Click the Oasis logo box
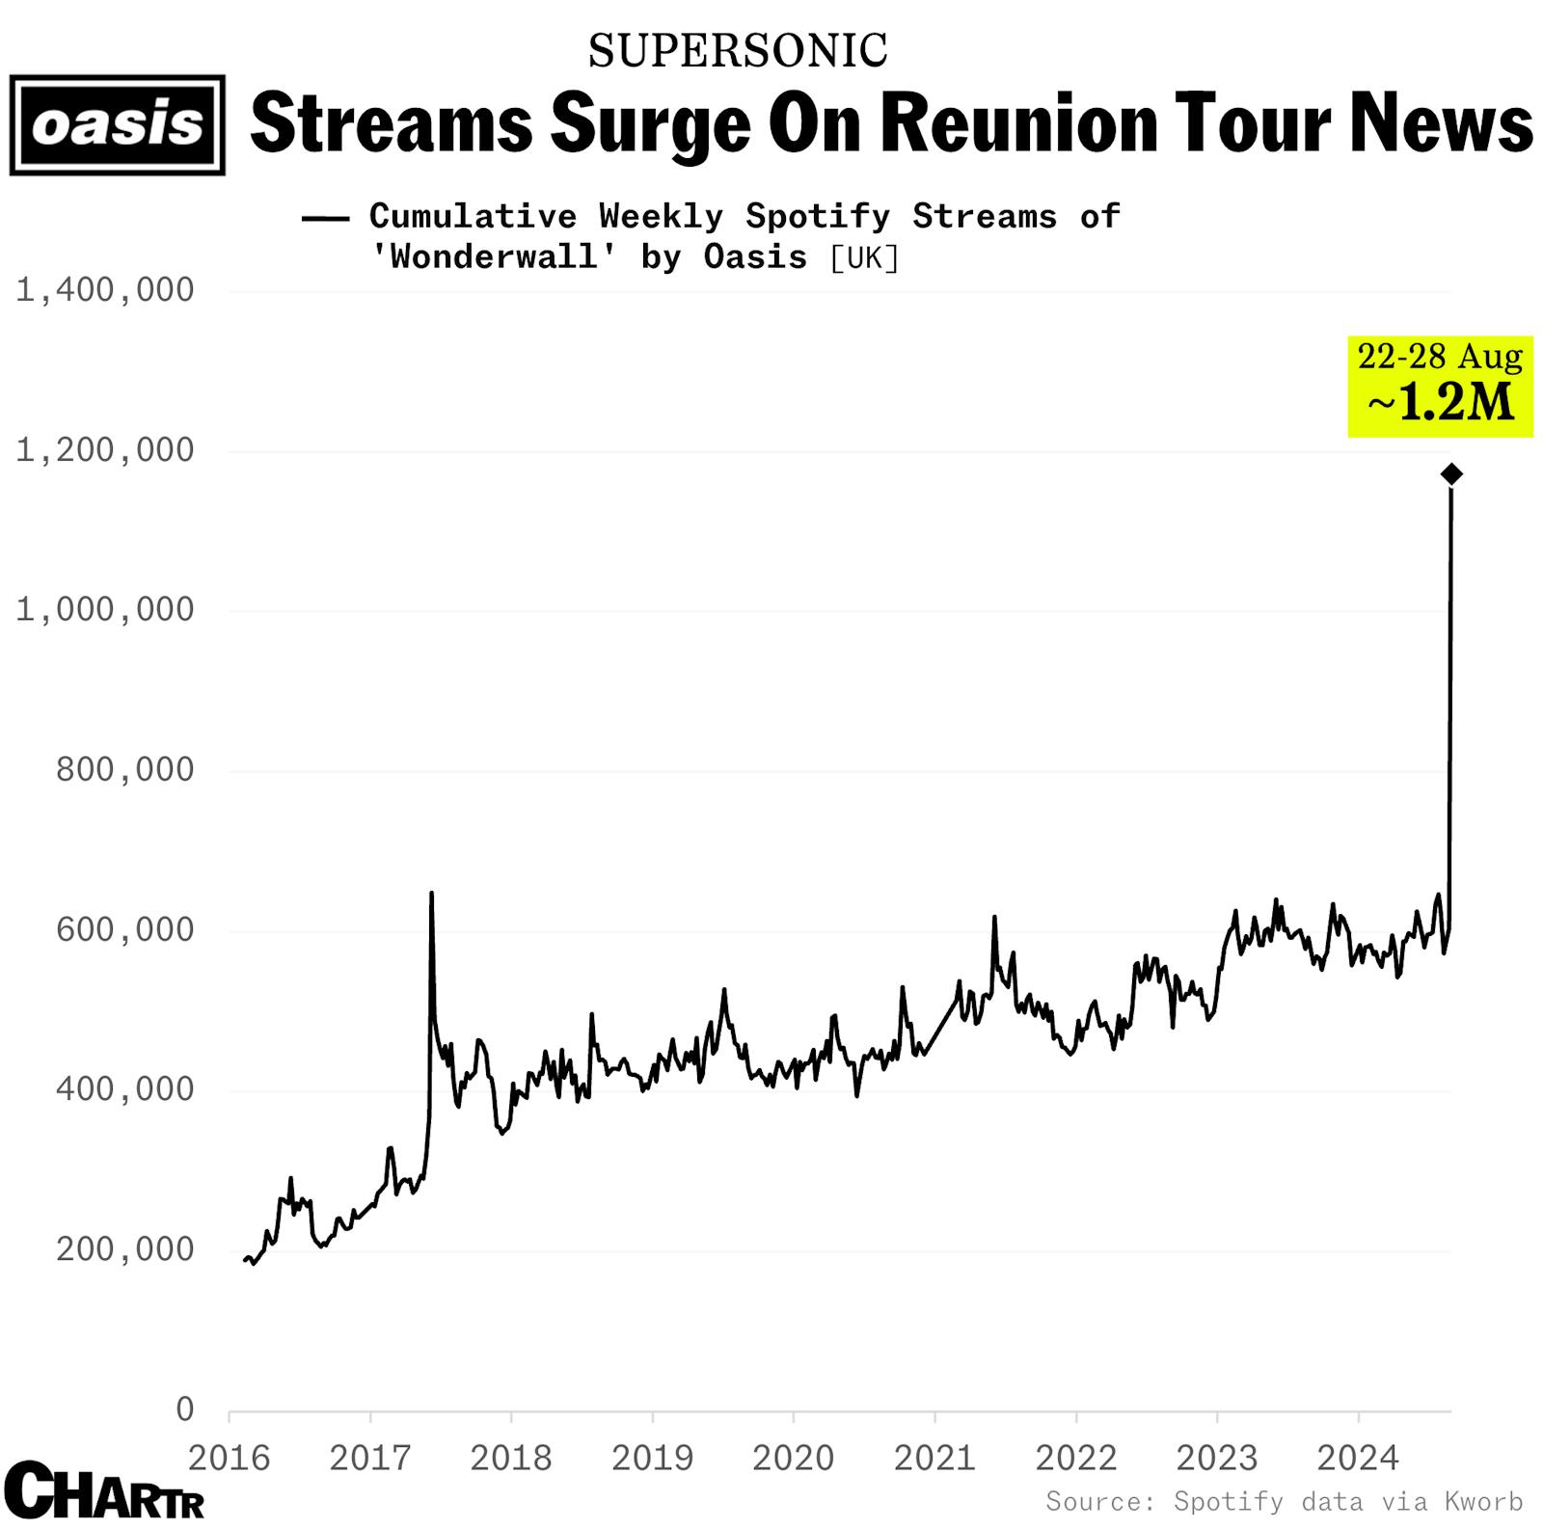pyautogui.click(x=117, y=125)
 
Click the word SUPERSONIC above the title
pyautogui.click(x=738, y=51)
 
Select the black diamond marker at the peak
pyautogui.click(x=1450, y=473)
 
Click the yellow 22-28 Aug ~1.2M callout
pyautogui.click(x=1440, y=386)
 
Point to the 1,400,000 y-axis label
pyautogui.click(x=104, y=289)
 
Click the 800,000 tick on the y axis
pyautogui.click(x=124, y=769)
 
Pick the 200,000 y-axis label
pyautogui.click(x=124, y=1248)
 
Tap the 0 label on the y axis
pyautogui.click(x=184, y=1408)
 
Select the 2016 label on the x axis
pyautogui.click(x=229, y=1458)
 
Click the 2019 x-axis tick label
pyautogui.click(x=652, y=1458)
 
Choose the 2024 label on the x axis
pyautogui.click(x=1358, y=1458)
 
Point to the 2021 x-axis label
pyautogui.click(x=934, y=1458)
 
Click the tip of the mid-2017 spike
pyautogui.click(x=431, y=893)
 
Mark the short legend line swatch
pyautogui.click(x=325, y=218)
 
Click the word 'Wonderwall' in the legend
pyautogui.click(x=495, y=256)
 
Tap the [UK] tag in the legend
pyautogui.click(x=864, y=257)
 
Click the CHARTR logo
pyautogui.click(x=104, y=1491)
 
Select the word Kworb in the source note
pyautogui.click(x=1483, y=1501)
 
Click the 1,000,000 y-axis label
pyautogui.click(x=104, y=609)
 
